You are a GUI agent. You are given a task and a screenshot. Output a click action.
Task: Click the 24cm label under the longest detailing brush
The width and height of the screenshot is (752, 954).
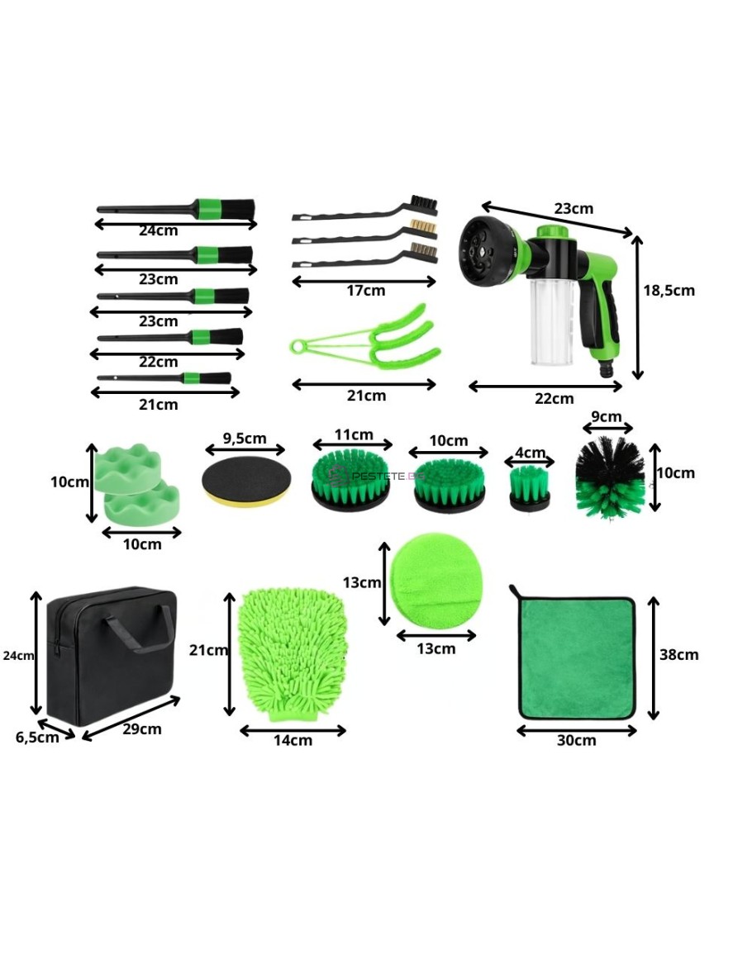tap(159, 230)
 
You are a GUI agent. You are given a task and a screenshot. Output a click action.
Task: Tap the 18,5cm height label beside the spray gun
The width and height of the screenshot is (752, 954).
tap(669, 290)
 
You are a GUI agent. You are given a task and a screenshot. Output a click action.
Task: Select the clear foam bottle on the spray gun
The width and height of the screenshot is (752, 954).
tap(552, 321)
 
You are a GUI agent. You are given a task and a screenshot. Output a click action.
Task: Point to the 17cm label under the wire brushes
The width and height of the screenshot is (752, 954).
tap(366, 291)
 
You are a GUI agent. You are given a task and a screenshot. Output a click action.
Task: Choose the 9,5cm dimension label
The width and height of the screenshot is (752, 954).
tap(244, 438)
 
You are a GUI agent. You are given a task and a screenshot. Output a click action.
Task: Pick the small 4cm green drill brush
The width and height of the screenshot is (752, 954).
tap(529, 488)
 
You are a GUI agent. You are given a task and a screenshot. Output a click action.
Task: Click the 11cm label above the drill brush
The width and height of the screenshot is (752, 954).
tap(354, 435)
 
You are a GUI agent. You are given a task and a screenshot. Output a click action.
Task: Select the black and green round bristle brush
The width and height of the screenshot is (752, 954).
tap(610, 477)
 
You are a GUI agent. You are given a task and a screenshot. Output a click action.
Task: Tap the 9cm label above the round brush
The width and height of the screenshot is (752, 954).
tap(607, 417)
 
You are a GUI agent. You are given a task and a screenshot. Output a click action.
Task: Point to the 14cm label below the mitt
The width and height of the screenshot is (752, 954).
tap(293, 740)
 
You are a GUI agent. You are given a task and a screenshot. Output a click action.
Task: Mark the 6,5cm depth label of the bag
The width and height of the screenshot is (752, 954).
tap(37, 738)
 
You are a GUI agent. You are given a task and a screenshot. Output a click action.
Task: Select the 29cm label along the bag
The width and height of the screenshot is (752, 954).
tap(142, 729)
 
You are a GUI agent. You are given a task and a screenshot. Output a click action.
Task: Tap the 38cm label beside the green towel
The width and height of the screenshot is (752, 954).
tap(679, 655)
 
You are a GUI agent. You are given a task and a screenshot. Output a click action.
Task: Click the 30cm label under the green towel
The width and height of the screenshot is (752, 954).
tap(577, 740)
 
